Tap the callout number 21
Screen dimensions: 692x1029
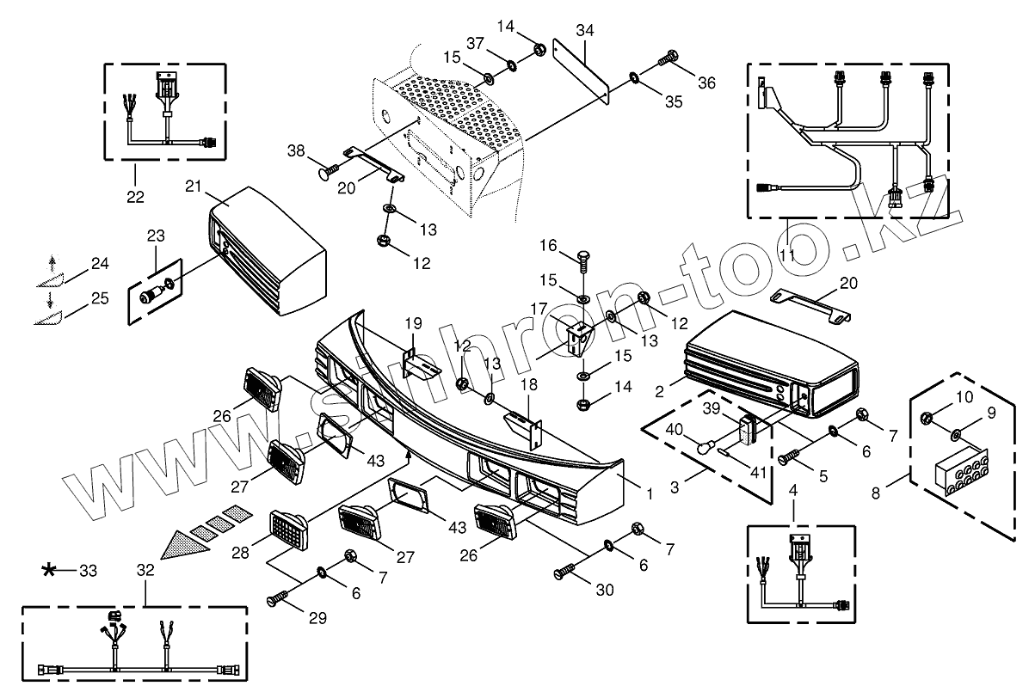[x=192, y=186]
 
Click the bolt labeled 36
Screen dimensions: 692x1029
[x=668, y=59]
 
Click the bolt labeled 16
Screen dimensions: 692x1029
[x=582, y=257]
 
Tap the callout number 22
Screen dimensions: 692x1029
[x=136, y=197]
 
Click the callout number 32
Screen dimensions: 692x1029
[x=145, y=570]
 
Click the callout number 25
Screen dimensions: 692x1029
[x=100, y=298]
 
